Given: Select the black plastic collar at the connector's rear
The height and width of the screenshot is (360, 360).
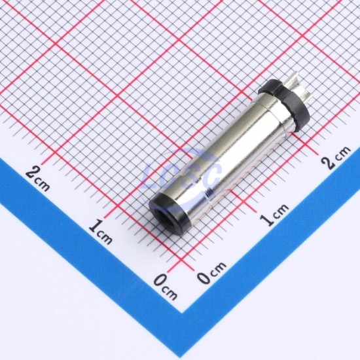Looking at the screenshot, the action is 285,105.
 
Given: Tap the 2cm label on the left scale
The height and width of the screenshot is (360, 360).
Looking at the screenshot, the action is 37,179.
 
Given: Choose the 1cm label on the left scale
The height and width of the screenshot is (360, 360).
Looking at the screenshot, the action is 100,232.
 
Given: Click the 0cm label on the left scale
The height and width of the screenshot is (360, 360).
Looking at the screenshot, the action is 166,286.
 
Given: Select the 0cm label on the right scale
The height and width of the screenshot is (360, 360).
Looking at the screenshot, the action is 211,272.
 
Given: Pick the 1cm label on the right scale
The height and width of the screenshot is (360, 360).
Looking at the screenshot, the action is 274,215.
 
